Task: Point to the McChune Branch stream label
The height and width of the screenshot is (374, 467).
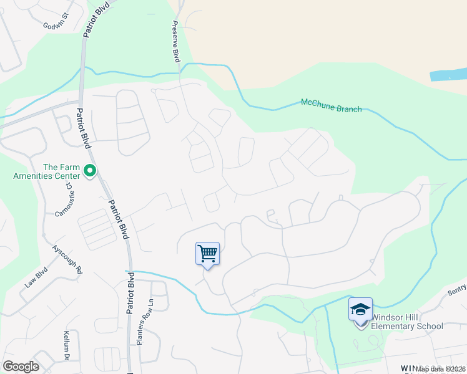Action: pyautogui.click(x=331, y=105)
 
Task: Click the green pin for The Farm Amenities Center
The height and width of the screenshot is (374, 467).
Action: pyautogui.click(x=90, y=170)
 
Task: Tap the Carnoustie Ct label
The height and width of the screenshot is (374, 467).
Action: pyautogui.click(x=60, y=203)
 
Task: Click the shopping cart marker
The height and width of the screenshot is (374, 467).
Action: pyautogui.click(x=207, y=254)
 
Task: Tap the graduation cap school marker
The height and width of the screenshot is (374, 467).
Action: pyautogui.click(x=360, y=310)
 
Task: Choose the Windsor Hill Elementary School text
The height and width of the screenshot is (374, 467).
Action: pyautogui.click(x=407, y=322)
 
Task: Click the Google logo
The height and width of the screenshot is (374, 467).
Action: pyautogui.click(x=21, y=367)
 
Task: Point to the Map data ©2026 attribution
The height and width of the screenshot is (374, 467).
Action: pyautogui.click(x=440, y=369)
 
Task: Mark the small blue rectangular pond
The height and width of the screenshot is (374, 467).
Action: pyautogui.click(x=448, y=75)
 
